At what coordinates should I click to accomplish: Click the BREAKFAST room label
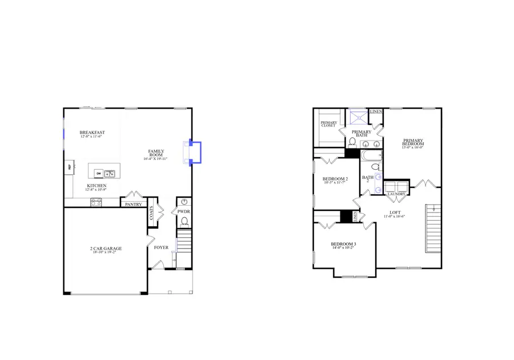pos(92,133)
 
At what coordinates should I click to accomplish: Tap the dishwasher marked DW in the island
pos(98,173)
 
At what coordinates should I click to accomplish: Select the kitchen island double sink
pos(109,173)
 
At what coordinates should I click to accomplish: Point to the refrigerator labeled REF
pos(70,167)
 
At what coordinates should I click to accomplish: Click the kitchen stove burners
pos(96,201)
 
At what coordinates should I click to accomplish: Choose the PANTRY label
pos(133,204)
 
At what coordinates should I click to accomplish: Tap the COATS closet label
pos(152,213)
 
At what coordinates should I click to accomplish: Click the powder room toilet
pos(184,222)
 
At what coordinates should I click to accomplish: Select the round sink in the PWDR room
pos(184,202)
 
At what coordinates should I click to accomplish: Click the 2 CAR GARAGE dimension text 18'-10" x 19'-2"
pos(106,253)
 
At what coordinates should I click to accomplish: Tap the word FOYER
pos(161,248)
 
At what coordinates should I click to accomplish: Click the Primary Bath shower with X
pos(358,117)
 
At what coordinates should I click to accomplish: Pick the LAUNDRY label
pos(396,194)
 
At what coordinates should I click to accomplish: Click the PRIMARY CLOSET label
pos(328,123)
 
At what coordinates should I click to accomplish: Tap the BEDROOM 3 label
pos(344,244)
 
